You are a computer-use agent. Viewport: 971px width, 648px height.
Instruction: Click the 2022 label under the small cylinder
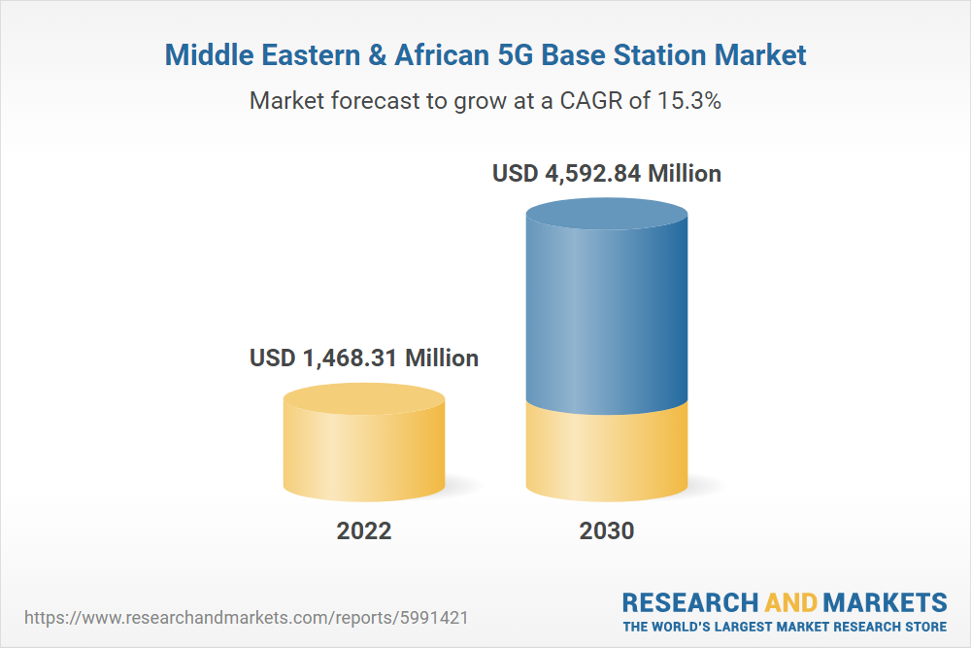click(364, 530)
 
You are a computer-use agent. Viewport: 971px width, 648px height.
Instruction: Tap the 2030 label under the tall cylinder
click(607, 530)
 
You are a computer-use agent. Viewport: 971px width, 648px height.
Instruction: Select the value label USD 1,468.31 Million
click(364, 358)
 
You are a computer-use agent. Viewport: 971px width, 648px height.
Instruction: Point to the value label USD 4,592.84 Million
click(607, 174)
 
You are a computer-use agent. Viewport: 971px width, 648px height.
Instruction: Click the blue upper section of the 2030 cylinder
click(607, 301)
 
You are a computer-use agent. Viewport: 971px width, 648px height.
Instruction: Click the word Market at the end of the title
click(761, 54)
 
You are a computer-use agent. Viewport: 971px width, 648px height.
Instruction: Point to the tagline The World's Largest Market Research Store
click(785, 626)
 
